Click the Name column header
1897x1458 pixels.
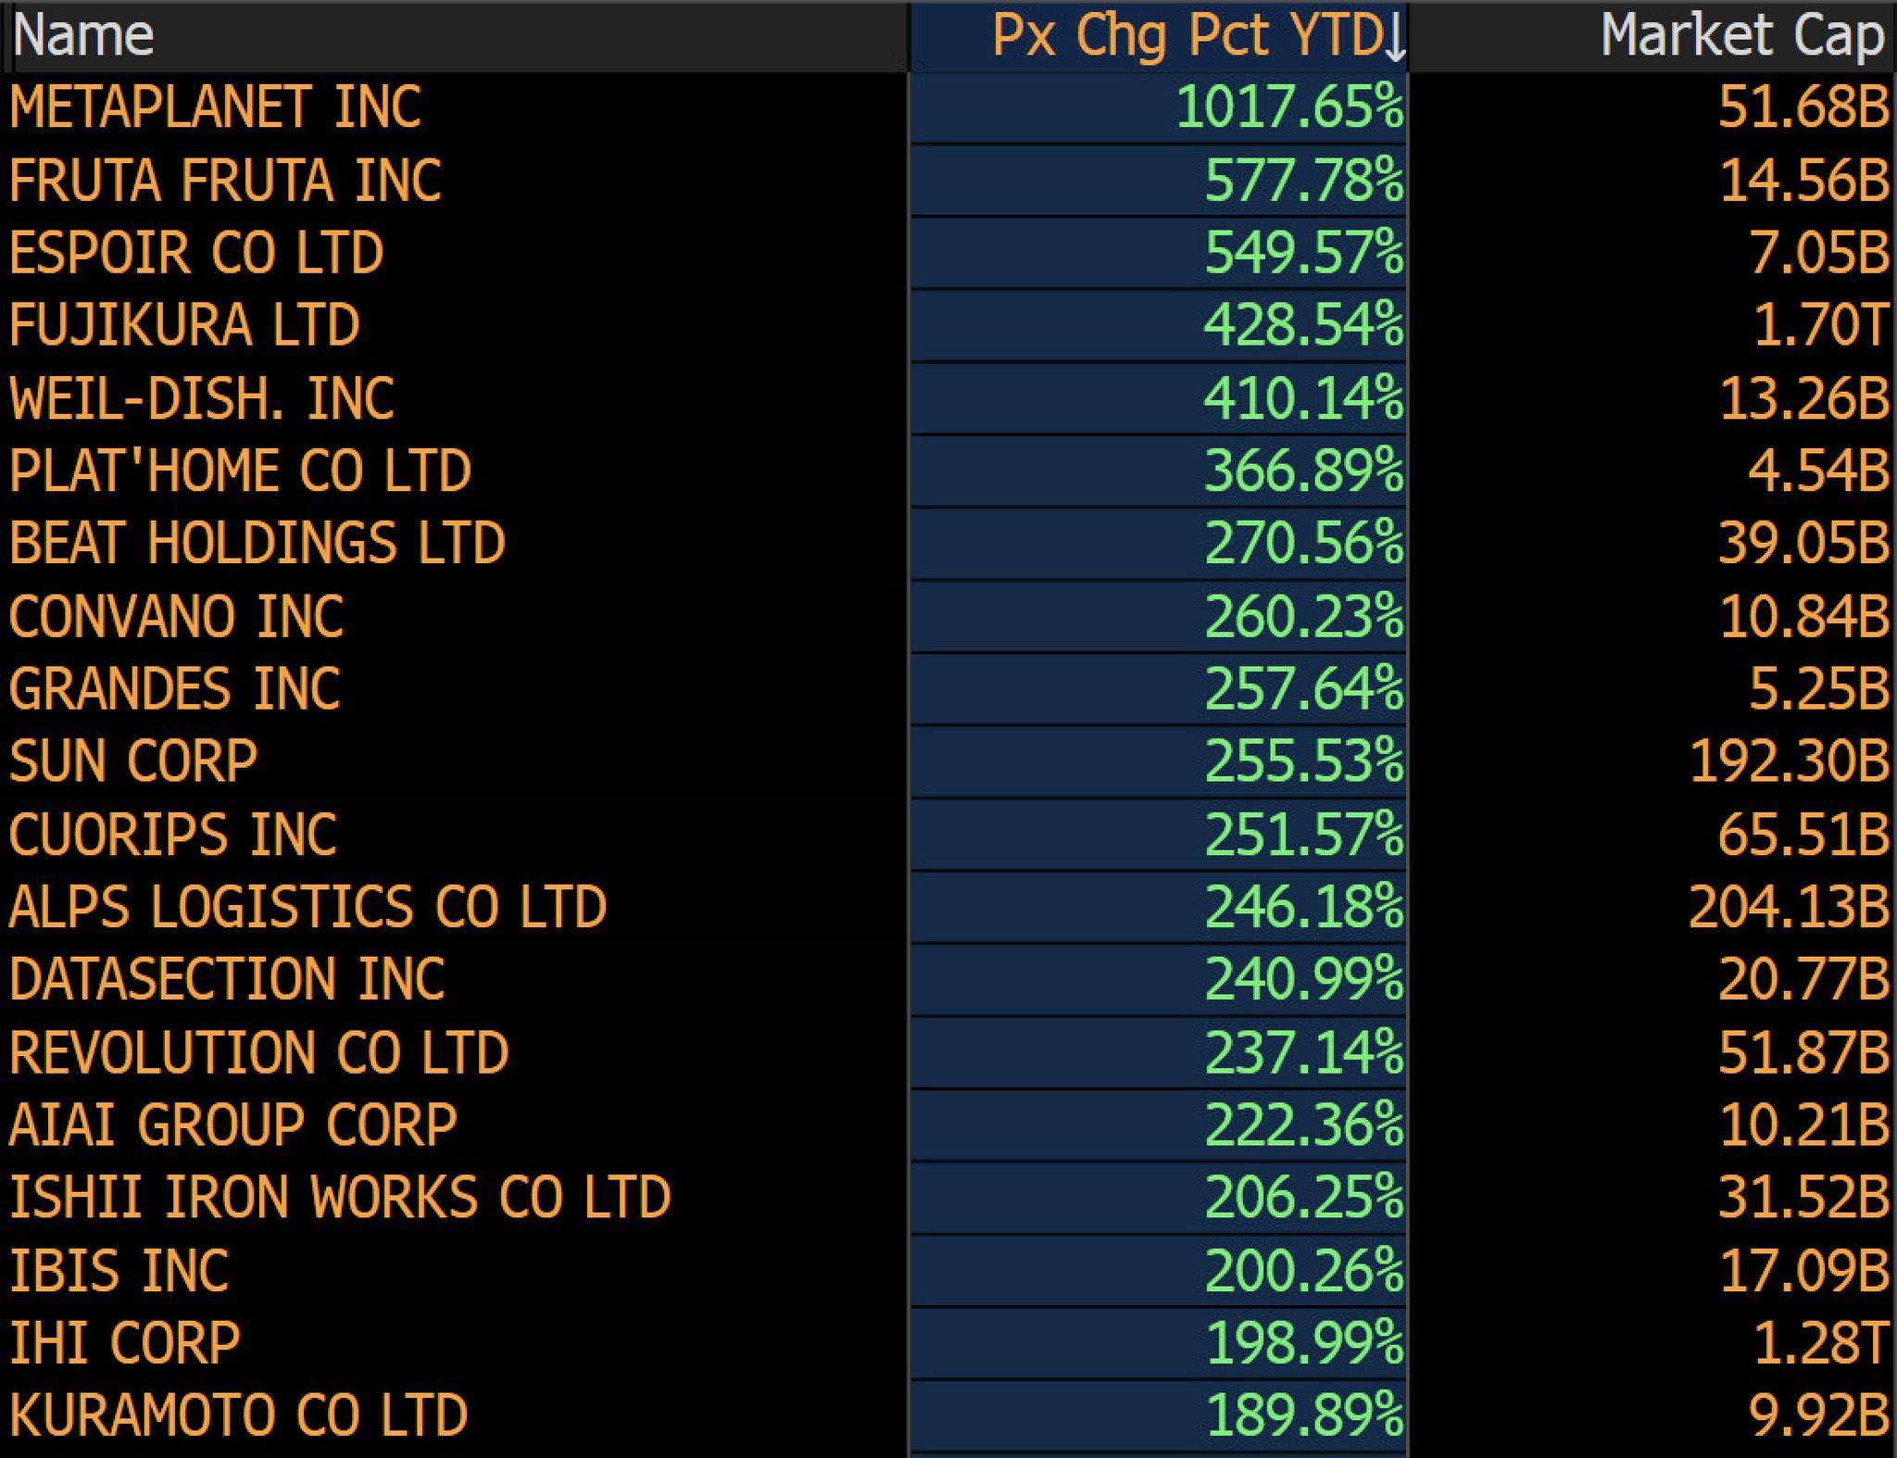point(83,36)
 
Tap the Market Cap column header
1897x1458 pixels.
point(1741,36)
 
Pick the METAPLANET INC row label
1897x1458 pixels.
point(215,107)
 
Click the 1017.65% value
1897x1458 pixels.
point(1289,107)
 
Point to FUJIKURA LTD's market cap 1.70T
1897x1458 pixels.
point(1819,325)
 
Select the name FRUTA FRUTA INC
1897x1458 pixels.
point(225,180)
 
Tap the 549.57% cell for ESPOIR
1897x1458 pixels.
point(1303,252)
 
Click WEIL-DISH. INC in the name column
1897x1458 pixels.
point(202,398)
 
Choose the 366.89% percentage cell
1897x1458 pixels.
point(1303,471)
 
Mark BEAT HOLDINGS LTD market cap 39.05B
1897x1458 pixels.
point(1803,543)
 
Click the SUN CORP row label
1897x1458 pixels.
point(133,761)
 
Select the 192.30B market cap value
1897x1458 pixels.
point(1789,761)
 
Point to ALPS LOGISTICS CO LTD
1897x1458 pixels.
point(308,907)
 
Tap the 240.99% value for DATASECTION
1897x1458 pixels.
point(1303,979)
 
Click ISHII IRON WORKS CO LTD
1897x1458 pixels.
point(340,1198)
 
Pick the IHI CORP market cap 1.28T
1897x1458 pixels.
point(1819,1343)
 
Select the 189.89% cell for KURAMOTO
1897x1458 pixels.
point(1303,1415)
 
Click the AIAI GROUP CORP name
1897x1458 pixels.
point(233,1125)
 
